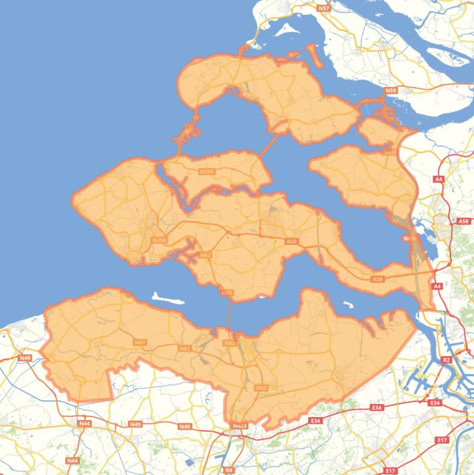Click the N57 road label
[324, 8]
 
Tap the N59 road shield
[390, 91]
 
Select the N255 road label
[207, 171]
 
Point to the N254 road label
[158, 240]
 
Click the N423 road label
[239, 426]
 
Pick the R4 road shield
[229, 470]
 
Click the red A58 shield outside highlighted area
[464, 221]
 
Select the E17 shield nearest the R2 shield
[441, 440]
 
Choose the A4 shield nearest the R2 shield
[437, 286]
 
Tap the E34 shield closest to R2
[435, 403]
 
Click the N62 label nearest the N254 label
[205, 254]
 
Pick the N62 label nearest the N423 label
[261, 387]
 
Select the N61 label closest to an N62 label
[184, 349]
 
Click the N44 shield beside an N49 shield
[84, 424]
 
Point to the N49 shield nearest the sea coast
[25, 358]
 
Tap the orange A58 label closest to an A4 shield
[378, 279]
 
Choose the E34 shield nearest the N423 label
[316, 421]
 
